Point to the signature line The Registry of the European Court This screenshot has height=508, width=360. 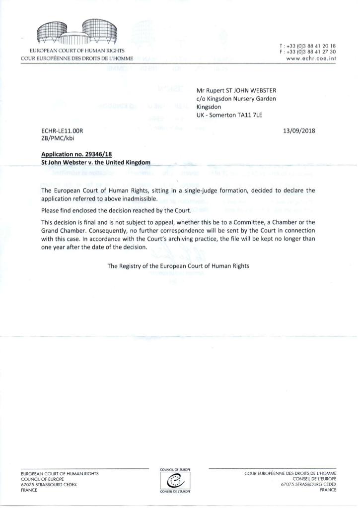tap(178, 266)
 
